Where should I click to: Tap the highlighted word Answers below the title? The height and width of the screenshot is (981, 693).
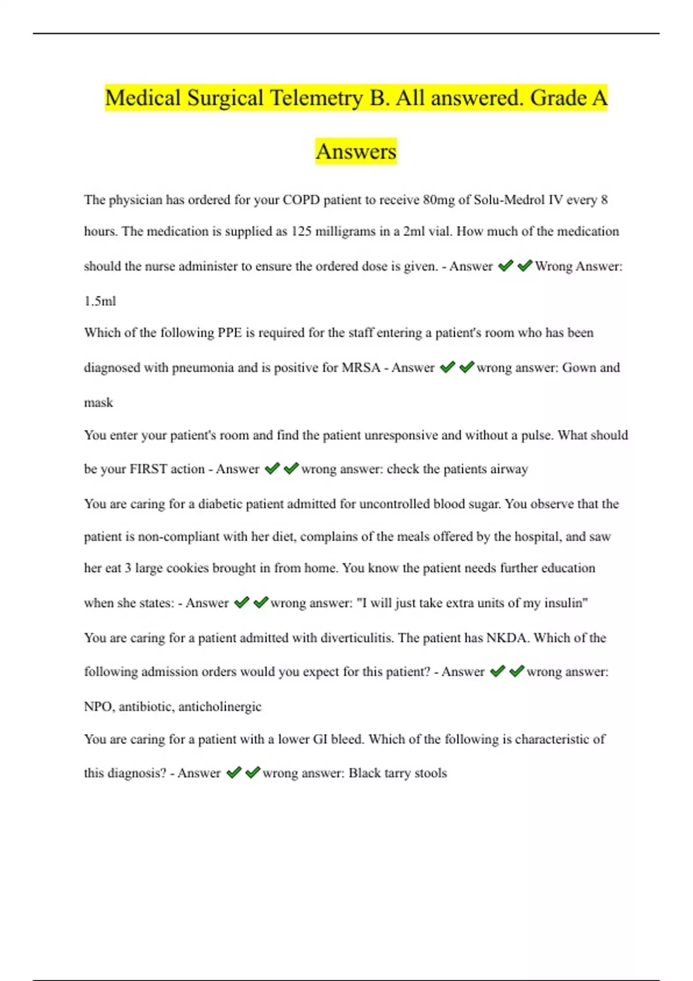[x=356, y=151]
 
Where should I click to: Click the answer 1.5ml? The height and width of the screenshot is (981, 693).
[x=100, y=301]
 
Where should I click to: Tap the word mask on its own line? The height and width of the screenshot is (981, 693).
[x=98, y=403]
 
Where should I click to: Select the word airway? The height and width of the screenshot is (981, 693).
[x=509, y=470]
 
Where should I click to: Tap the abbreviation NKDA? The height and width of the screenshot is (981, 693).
[x=506, y=638]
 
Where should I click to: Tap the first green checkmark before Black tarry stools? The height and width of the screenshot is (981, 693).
[x=233, y=773]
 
